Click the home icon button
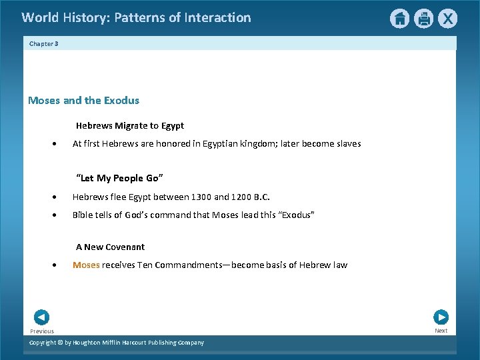tap(399, 19)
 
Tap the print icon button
tap(423, 19)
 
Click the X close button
tap(447, 19)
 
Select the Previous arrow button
tap(41, 317)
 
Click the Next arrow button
tap(441, 317)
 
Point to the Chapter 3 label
tap(43, 43)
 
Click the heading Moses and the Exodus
tap(83, 101)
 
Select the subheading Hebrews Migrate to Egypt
tap(129, 125)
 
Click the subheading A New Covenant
tap(110, 247)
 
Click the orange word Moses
tap(86, 265)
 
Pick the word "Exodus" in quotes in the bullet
tap(295, 215)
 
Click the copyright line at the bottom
tap(117, 343)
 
